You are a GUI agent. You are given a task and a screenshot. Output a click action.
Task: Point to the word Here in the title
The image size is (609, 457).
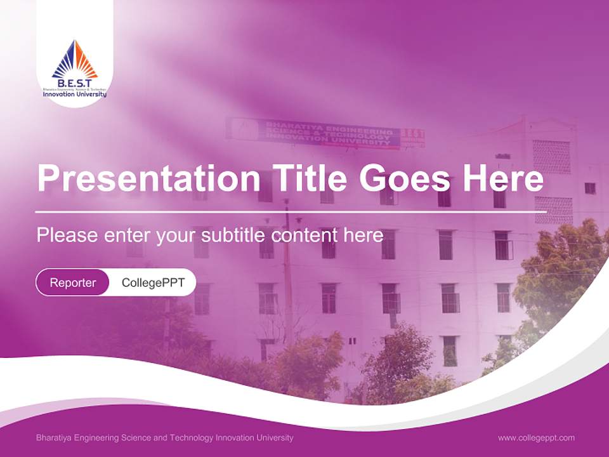click(x=502, y=178)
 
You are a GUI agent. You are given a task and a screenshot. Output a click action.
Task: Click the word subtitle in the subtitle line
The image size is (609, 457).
click(x=234, y=235)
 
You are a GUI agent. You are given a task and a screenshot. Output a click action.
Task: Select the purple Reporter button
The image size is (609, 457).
click(x=73, y=282)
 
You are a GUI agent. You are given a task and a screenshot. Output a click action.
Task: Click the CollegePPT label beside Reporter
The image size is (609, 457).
click(x=153, y=282)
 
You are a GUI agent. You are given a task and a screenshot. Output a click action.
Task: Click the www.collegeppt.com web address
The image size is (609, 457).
click(x=536, y=437)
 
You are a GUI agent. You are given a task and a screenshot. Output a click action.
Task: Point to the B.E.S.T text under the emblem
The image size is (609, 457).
click(x=75, y=83)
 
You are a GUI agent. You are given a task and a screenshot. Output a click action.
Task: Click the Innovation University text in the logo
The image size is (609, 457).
click(x=75, y=95)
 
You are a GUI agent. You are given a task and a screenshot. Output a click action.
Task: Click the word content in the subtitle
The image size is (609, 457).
click(x=304, y=235)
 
